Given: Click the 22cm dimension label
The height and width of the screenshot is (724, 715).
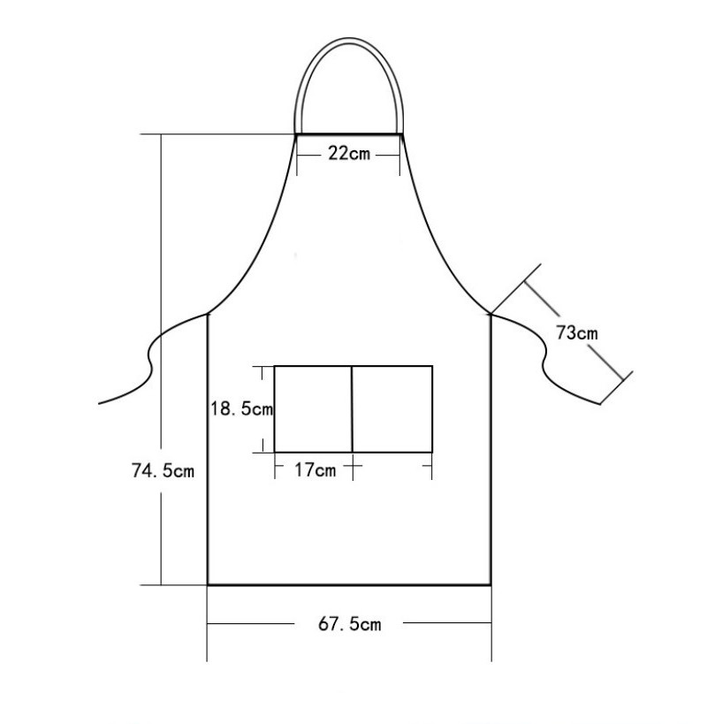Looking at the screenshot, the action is (x=349, y=153).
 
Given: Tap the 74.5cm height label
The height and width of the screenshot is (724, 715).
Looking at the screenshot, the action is (x=163, y=470).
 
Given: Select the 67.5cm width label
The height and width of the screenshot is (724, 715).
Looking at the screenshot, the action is (x=350, y=624).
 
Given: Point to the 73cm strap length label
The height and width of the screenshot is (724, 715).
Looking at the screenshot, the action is (x=576, y=332).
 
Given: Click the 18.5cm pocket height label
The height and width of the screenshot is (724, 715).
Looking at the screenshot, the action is (x=242, y=408).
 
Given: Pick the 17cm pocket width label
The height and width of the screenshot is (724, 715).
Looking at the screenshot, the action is (x=316, y=470).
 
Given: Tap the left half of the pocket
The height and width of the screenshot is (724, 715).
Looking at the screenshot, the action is (x=314, y=409).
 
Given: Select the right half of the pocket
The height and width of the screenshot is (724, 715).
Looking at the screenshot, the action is (x=392, y=409).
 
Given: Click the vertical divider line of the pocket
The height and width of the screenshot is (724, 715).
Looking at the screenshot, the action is (x=352, y=409).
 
